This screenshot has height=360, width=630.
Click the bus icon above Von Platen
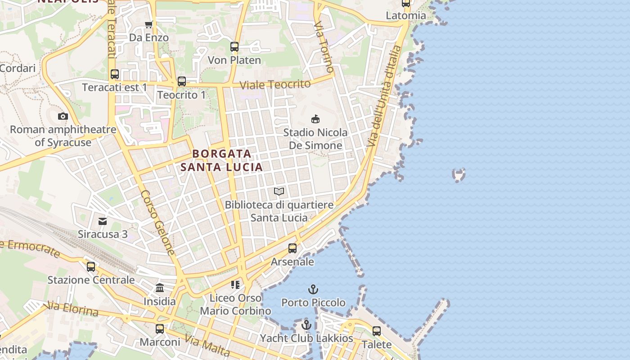point(234,46)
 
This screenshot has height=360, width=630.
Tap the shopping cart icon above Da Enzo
point(148,24)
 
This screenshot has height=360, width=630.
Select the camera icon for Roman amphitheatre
point(63,116)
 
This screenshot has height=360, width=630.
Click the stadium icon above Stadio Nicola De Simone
point(315,119)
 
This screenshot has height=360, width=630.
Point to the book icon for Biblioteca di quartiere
point(279,192)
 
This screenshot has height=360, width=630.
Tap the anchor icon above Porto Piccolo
point(313,289)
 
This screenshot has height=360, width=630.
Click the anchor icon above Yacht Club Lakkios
point(306,324)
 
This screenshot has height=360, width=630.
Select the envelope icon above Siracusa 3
point(103,221)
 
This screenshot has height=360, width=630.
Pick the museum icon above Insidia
point(160,288)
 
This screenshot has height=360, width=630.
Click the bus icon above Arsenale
point(292,248)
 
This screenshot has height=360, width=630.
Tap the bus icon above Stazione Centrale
point(91,266)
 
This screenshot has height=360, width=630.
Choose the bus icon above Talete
point(377,331)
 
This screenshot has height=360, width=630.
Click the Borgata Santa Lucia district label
point(221,160)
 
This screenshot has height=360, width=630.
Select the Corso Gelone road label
point(157,222)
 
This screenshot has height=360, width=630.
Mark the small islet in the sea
point(459,175)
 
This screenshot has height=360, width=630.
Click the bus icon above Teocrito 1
point(182,81)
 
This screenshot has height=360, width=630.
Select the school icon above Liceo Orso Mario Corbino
point(235,284)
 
